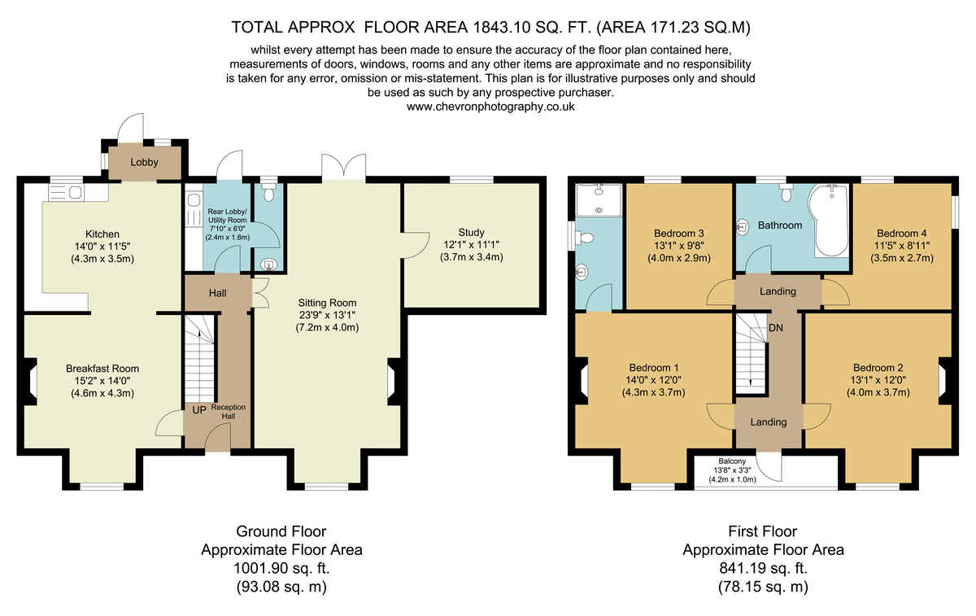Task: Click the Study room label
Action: click(471, 233)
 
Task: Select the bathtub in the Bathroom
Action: click(828, 221)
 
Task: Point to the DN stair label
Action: click(776, 328)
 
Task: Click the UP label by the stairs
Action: click(199, 410)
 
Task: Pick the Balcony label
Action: click(732, 461)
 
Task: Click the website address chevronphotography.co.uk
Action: click(490, 107)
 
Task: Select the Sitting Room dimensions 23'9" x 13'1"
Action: click(327, 315)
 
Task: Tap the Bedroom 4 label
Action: click(901, 234)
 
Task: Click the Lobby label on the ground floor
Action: click(144, 162)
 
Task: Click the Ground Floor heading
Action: click(281, 531)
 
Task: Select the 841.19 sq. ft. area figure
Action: click(763, 569)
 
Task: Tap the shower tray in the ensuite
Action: click(599, 200)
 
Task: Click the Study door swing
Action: click(416, 245)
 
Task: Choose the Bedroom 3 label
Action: click(679, 234)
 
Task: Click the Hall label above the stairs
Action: click(217, 293)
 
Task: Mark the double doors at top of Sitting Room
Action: click(344, 167)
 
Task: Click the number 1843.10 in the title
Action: click(501, 28)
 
